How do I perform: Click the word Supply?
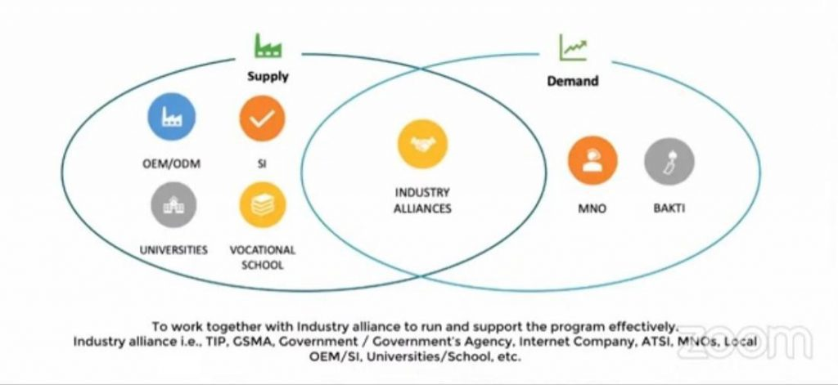tap(268, 77)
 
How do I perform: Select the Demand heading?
tap(572, 81)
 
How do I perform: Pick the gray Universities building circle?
tap(173, 204)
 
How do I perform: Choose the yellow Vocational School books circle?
tap(262, 204)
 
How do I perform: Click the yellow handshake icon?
tap(422, 144)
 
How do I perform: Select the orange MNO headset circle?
tap(592, 160)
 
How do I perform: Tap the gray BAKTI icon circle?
tap(669, 160)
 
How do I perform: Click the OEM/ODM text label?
tap(172, 164)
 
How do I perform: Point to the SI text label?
tap(262, 164)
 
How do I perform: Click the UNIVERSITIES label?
tap(173, 249)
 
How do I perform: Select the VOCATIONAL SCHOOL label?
tap(262, 257)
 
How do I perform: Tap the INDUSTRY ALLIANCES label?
tap(422, 200)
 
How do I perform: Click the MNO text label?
tap(592, 208)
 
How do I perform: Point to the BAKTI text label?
tap(669, 208)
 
